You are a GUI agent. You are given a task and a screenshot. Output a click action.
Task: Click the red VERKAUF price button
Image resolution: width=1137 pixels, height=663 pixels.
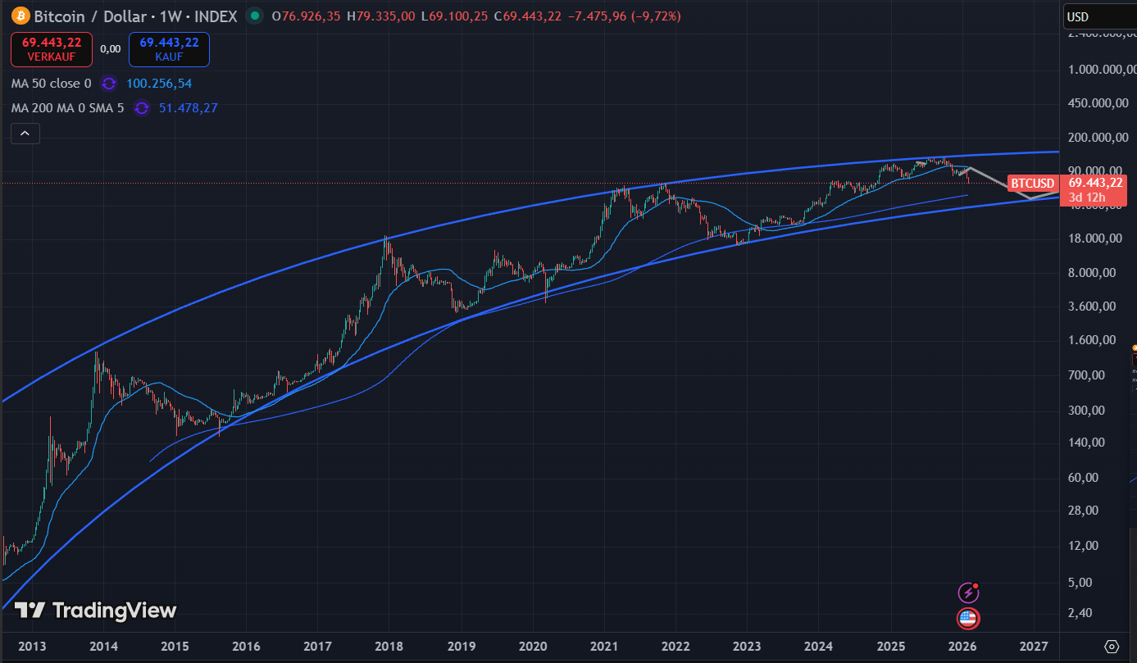(51, 49)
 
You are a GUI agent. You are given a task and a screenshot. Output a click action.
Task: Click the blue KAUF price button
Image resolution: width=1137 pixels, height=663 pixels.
(169, 49)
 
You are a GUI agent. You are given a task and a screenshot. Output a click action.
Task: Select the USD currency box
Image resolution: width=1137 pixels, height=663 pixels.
(1098, 16)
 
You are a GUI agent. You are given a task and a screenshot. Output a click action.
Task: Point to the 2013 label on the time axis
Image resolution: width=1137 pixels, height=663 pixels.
(32, 646)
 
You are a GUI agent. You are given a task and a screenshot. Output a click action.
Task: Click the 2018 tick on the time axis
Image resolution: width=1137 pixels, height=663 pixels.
(390, 646)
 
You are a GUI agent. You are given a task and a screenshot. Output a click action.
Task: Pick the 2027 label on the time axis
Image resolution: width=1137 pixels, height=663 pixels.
(1035, 646)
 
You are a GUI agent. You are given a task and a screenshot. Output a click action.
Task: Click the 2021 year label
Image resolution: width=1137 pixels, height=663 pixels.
(604, 646)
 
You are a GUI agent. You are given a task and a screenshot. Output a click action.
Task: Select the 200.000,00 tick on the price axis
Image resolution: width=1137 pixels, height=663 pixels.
(1093, 137)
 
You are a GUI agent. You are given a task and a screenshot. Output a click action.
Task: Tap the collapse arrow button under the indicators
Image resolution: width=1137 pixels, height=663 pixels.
(25, 134)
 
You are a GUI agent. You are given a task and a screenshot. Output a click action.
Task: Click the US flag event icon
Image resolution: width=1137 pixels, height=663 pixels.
(968, 618)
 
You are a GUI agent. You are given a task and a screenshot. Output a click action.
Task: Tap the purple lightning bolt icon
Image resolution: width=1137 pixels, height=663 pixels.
(968, 593)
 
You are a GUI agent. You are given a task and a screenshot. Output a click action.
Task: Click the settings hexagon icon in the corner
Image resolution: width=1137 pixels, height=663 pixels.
(1112, 646)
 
